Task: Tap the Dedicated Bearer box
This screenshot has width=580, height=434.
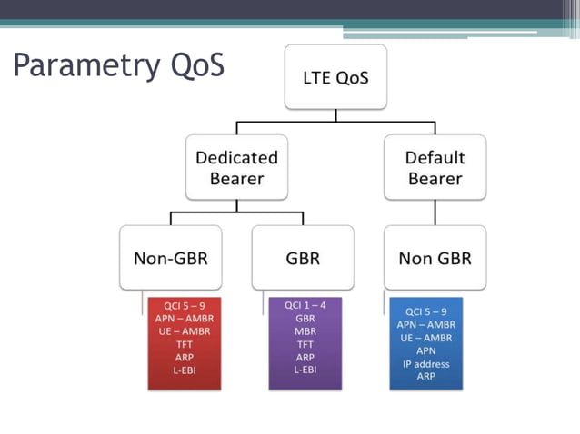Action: pyautogui.click(x=236, y=167)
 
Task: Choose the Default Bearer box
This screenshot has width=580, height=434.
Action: pyautogui.click(x=435, y=167)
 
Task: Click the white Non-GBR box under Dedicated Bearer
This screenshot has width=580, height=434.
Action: pyautogui.click(x=171, y=258)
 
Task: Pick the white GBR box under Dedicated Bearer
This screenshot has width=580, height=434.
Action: pyautogui.click(x=303, y=258)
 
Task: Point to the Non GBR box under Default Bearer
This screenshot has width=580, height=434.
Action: pyautogui.click(x=435, y=258)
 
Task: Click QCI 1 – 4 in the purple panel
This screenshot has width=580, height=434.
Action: pyautogui.click(x=305, y=306)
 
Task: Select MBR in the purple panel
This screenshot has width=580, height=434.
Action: pyautogui.click(x=305, y=331)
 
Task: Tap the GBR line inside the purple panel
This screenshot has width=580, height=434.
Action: pyautogui.click(x=305, y=319)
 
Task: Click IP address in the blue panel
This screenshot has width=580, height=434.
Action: pyautogui.click(x=426, y=363)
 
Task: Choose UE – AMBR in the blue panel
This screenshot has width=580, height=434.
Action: pyautogui.click(x=426, y=337)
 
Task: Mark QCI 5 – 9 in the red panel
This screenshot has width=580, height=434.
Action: pyautogui.click(x=184, y=306)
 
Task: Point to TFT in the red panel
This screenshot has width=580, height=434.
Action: pyautogui.click(x=184, y=345)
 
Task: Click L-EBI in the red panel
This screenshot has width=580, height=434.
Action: pyautogui.click(x=184, y=370)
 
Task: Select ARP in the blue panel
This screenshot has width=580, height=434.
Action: pyautogui.click(x=426, y=376)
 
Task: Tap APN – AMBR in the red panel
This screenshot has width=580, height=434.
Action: pyautogui.click(x=184, y=319)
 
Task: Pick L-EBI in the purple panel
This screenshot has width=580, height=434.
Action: pyautogui.click(x=305, y=370)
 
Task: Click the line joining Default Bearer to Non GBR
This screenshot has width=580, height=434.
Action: pyautogui.click(x=435, y=212)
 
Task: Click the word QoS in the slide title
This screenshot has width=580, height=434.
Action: pyautogui.click(x=195, y=65)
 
